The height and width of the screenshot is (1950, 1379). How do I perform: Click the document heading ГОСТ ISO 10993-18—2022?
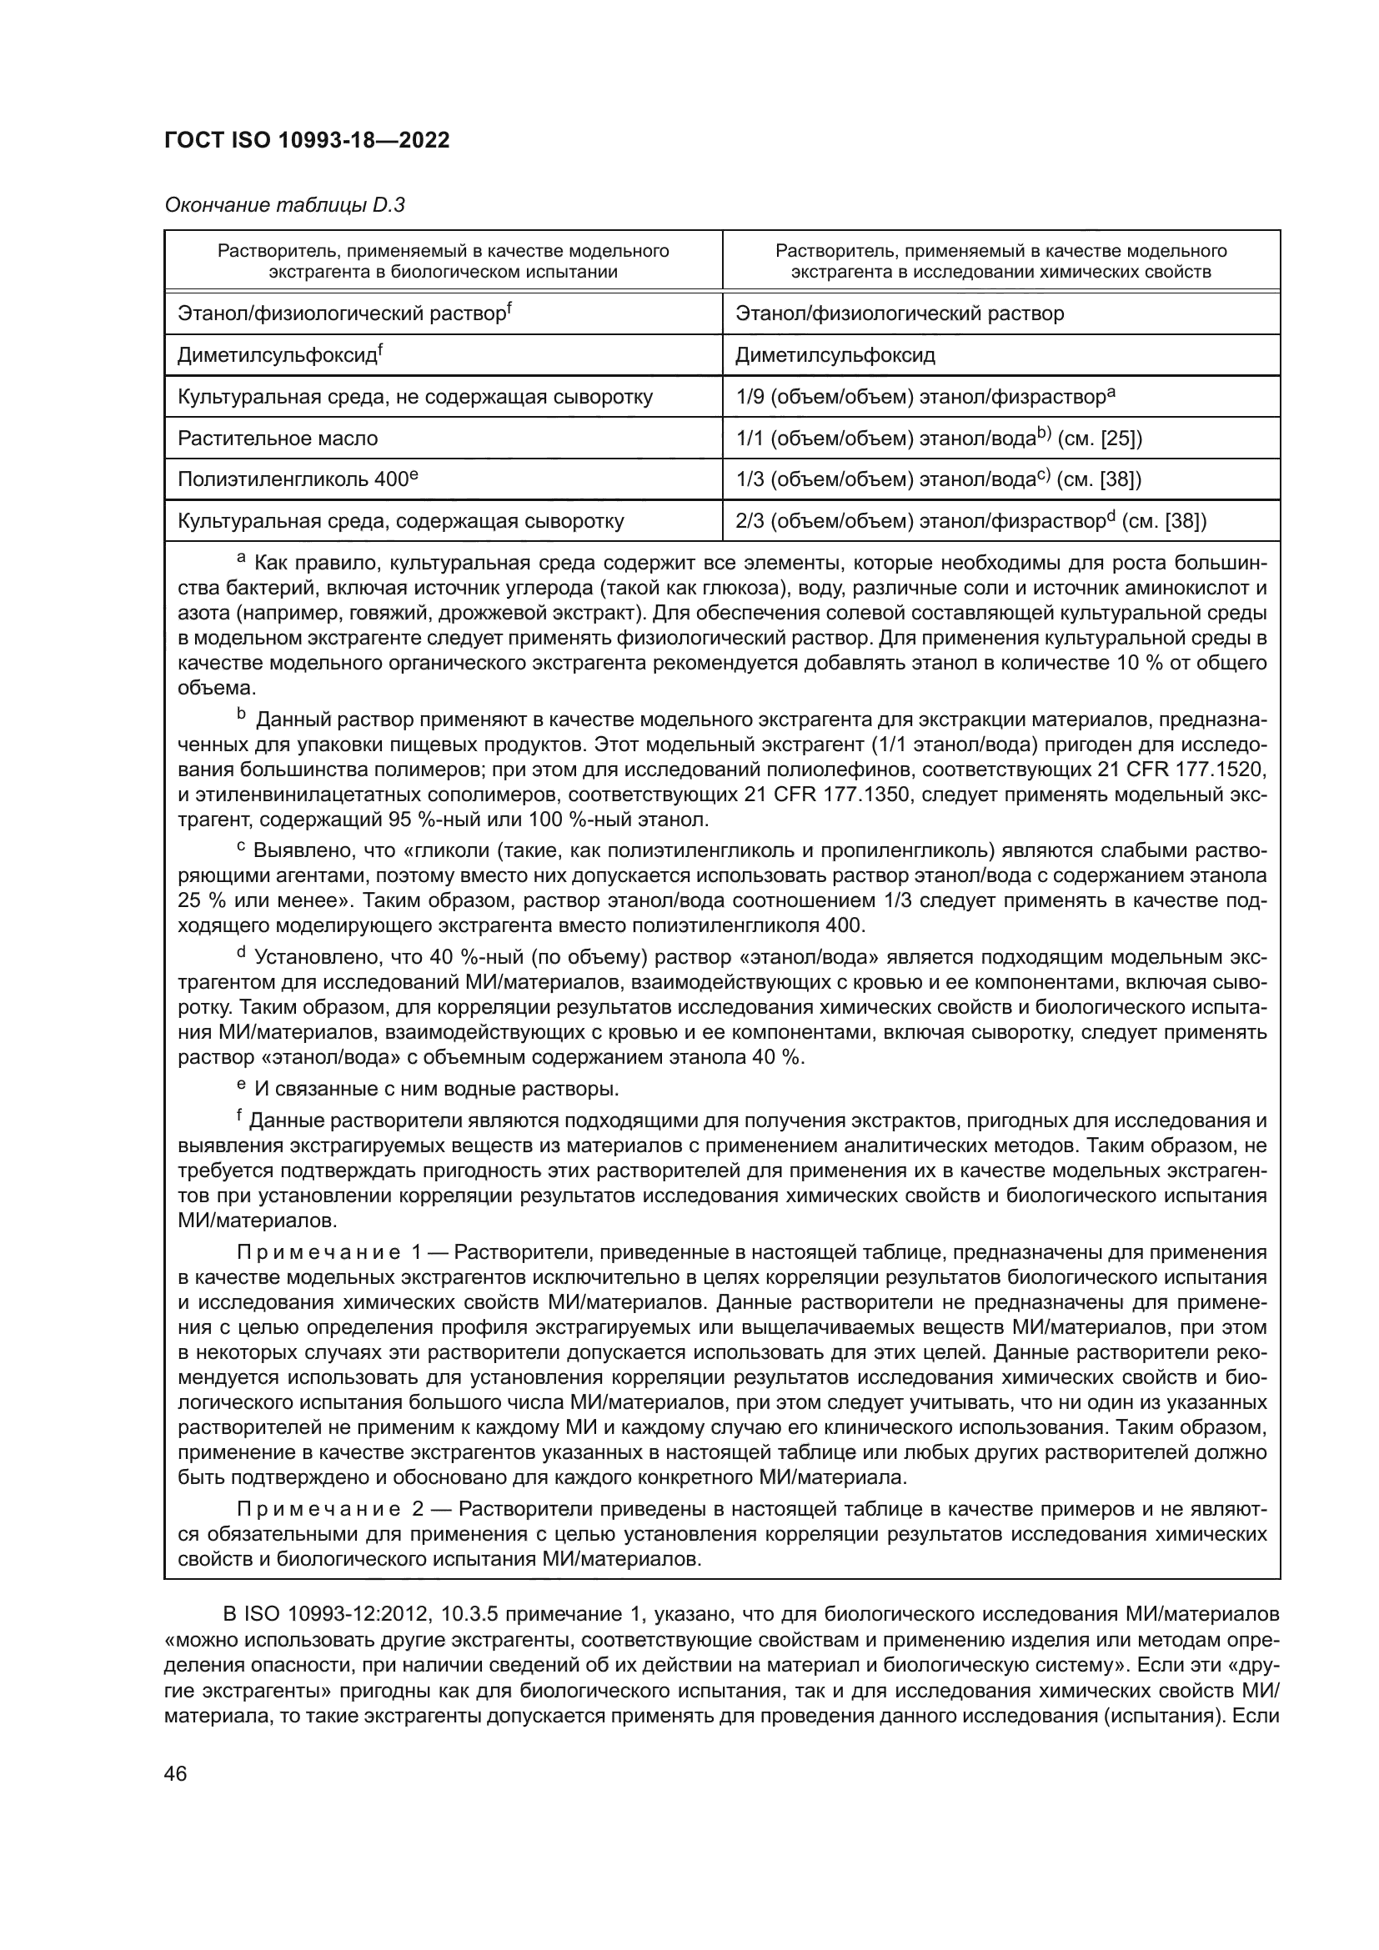tap(307, 141)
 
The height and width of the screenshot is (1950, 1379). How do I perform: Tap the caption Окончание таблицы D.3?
tap(284, 205)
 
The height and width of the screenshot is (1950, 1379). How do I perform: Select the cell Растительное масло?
tap(278, 439)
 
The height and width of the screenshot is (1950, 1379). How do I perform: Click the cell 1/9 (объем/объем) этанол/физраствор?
tap(925, 397)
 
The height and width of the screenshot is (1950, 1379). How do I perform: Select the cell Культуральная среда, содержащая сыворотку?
tap(401, 520)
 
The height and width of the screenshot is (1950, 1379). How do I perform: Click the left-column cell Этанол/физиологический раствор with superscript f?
tap(343, 313)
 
